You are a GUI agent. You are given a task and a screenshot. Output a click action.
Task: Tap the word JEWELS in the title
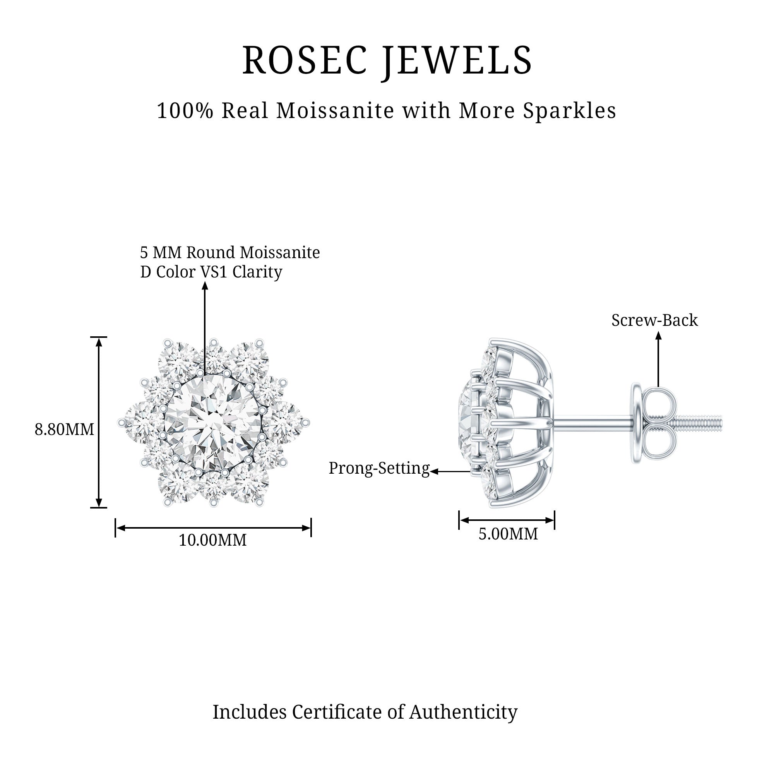(457, 61)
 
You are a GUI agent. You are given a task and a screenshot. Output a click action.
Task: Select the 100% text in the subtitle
(185, 111)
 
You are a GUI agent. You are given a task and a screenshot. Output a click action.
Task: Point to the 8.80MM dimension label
(64, 430)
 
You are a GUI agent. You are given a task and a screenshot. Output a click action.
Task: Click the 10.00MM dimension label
(212, 540)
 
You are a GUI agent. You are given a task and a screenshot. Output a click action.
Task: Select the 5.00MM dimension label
(508, 534)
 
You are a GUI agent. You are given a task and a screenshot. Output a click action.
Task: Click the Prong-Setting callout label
(379, 468)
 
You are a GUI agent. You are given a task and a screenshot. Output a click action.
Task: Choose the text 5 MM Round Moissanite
(230, 253)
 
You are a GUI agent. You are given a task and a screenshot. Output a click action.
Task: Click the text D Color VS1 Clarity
(211, 272)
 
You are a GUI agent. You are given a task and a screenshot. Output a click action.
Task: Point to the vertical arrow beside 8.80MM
(99, 422)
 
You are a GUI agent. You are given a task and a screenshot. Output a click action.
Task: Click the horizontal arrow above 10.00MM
(213, 527)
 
